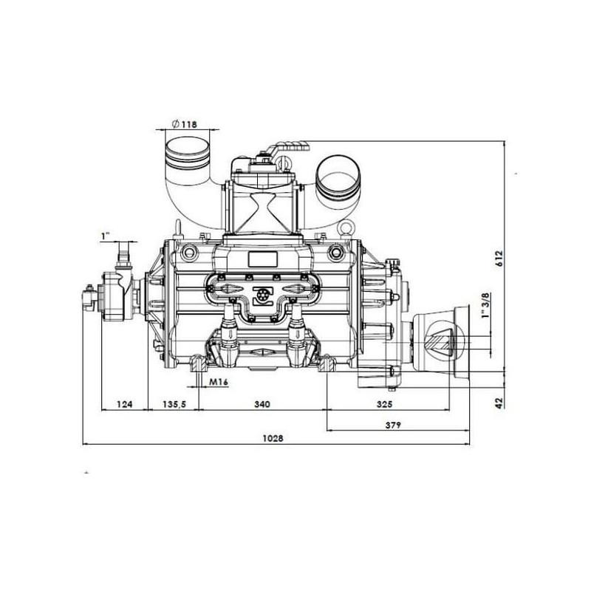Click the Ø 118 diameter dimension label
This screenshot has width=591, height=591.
(x=184, y=124)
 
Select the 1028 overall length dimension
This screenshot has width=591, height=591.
(x=273, y=438)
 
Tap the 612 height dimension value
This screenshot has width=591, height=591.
(x=499, y=258)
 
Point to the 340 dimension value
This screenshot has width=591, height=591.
(x=262, y=404)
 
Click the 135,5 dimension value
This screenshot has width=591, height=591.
(x=174, y=404)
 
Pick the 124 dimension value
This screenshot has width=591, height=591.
(x=125, y=404)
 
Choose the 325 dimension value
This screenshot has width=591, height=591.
(x=384, y=404)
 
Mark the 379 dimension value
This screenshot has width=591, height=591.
(x=393, y=426)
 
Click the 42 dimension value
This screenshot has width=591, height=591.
(x=499, y=403)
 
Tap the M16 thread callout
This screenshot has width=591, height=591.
(x=219, y=382)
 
